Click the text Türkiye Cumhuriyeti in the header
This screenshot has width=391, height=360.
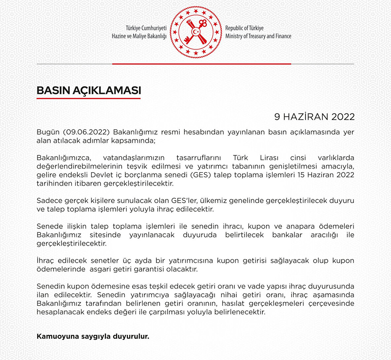point(146,28)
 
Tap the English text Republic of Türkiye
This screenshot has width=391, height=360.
point(244,28)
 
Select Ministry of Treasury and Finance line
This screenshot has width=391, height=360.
point(258,36)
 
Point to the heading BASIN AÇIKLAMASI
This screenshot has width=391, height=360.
point(89,91)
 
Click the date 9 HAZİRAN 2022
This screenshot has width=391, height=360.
point(314,117)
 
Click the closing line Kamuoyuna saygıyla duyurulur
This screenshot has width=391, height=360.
point(93,337)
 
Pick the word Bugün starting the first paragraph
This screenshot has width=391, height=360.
point(48,132)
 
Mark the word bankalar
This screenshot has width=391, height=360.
point(287,235)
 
